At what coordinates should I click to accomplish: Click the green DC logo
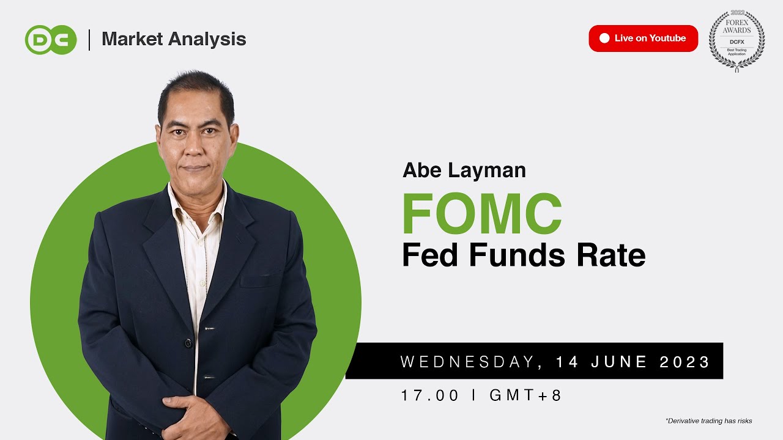51,40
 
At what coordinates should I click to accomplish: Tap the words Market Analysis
174,39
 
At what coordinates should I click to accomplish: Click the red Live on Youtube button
643,38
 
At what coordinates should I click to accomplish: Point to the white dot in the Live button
604,38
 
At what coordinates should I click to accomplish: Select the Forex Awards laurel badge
737,40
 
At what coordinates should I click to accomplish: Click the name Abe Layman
464,170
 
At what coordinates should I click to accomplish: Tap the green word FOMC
481,214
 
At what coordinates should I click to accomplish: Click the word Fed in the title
431,255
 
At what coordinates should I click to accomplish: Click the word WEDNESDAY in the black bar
467,362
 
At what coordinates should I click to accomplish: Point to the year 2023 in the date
685,362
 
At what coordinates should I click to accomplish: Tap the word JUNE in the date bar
619,362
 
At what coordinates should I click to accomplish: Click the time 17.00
429,395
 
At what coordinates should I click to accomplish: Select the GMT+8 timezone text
525,395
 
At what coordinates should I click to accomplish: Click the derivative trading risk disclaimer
708,421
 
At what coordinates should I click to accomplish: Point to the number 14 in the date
567,362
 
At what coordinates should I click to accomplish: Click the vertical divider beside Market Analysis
89,40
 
